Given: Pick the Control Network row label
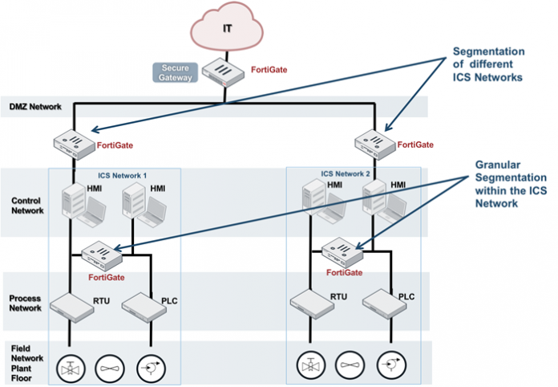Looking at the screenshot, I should click(x=27, y=205).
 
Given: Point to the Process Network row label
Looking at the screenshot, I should click(x=26, y=303).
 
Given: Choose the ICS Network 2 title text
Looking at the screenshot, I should click(x=346, y=173).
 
